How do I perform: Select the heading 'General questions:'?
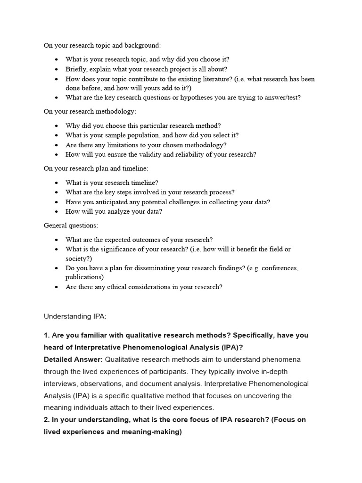coord(71,225)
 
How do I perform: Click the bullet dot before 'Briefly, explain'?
coord(57,69)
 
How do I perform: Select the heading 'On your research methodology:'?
coord(90,112)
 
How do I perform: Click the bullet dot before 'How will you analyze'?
coord(57,211)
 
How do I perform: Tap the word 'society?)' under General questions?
coord(78,258)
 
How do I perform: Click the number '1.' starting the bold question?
coord(47,335)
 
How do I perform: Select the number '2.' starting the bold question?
coord(47,420)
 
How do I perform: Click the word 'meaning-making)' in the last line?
coord(153,432)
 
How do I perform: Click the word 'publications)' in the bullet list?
coord(84,277)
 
